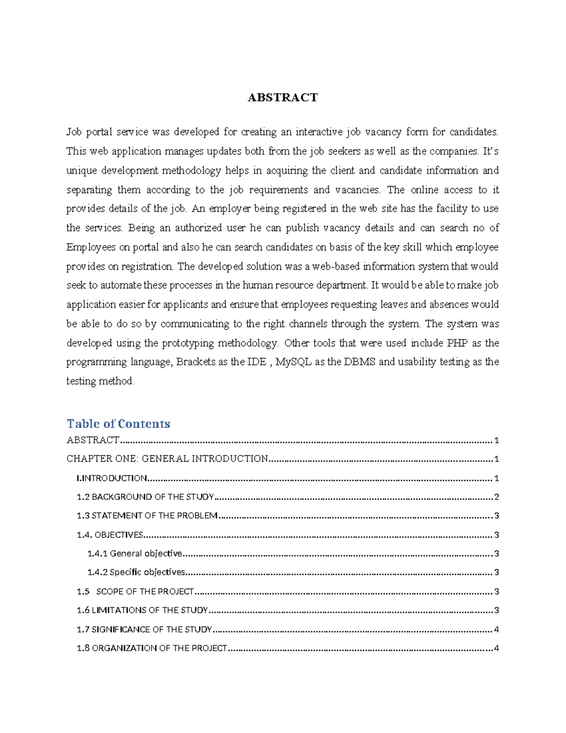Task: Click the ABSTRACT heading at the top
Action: point(283,98)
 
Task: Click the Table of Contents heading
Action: point(118,423)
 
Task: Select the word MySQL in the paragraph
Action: point(293,362)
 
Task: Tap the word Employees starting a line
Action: point(91,247)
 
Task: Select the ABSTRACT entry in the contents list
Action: point(93,440)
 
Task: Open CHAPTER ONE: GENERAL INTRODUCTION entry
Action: point(167,459)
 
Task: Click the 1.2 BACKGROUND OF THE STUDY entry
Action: point(145,497)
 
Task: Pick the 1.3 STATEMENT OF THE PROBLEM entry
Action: point(147,516)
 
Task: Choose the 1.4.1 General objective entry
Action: point(135,553)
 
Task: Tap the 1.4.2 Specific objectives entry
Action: point(136,572)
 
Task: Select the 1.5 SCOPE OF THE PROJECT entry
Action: point(135,591)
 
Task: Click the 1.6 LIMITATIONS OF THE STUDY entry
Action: point(142,610)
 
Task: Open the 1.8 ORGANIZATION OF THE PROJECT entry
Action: point(152,648)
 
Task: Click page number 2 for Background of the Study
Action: point(496,497)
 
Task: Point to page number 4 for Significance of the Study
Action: point(496,629)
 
